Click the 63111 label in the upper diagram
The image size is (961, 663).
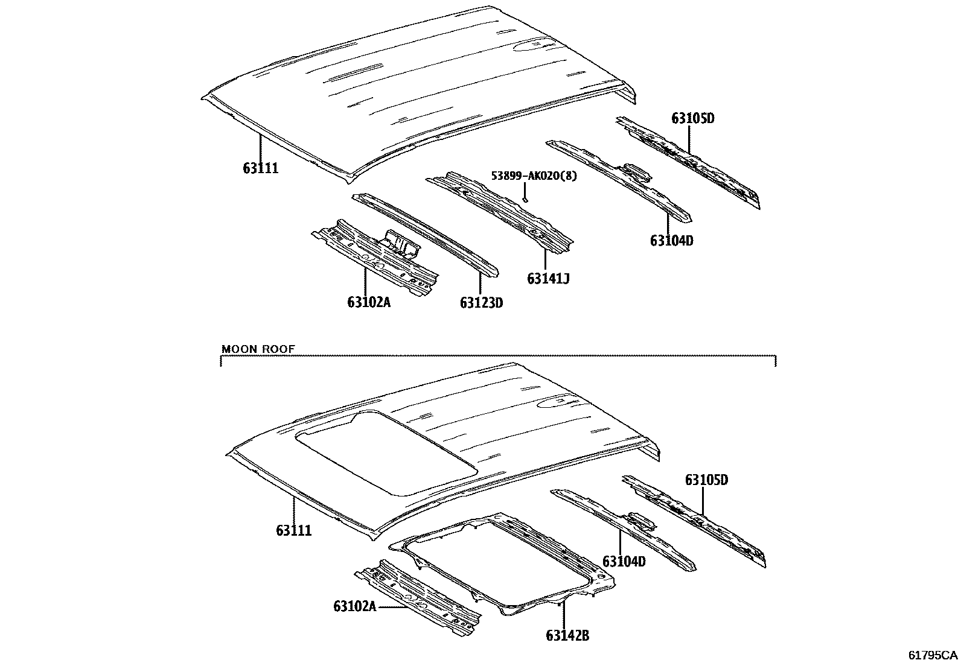coord(261,168)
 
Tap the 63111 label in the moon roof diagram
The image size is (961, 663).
coord(294,530)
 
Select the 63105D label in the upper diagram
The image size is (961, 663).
coord(692,118)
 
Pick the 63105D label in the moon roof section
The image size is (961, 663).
coord(706,480)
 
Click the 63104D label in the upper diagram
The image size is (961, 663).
coord(671,241)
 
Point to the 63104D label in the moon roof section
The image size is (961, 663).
coord(624,562)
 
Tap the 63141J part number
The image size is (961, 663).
coord(548,279)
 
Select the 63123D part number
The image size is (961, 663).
coord(481,302)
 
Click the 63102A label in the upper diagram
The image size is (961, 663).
coord(368,302)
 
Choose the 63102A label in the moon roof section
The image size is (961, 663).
coord(354,605)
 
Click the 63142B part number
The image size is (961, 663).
coord(567,635)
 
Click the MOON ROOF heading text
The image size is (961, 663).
coord(258,349)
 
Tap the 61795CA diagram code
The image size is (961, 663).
coord(933,655)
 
